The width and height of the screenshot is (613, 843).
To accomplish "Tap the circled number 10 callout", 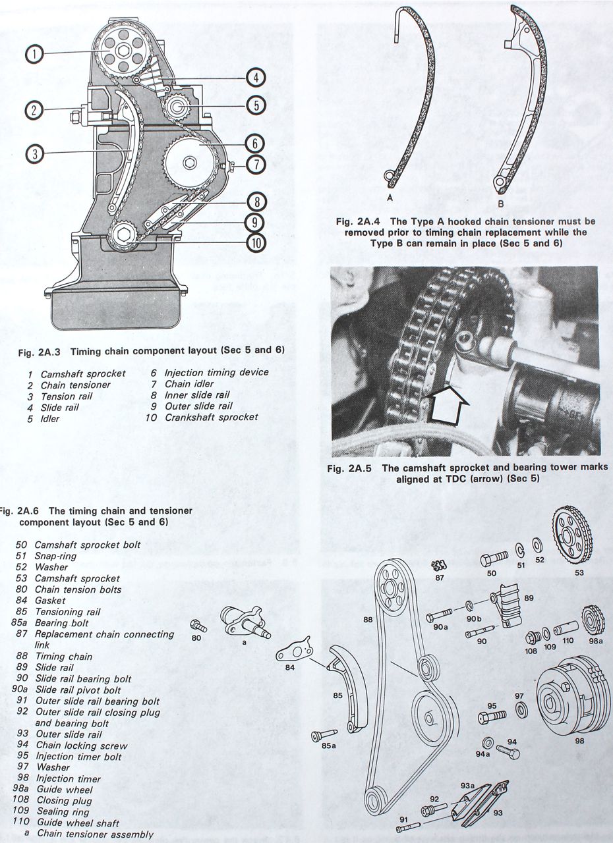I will pyautogui.click(x=256, y=242).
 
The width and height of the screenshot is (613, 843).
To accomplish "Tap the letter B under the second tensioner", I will pyautogui.click(x=500, y=204).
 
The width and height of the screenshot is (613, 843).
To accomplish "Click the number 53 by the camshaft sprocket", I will pyautogui.click(x=579, y=572).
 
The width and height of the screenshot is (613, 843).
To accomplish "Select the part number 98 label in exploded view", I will pyautogui.click(x=579, y=740).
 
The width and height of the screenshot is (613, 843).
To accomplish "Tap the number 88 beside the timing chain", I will pyautogui.click(x=368, y=619).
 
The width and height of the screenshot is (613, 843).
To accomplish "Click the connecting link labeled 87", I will pyautogui.click(x=438, y=564).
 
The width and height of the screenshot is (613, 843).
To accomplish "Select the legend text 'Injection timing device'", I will pyautogui.click(x=216, y=373).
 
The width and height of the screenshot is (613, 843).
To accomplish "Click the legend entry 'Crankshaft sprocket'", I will pyautogui.click(x=212, y=417).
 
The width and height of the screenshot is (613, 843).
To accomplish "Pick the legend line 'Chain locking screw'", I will pyautogui.click(x=81, y=746).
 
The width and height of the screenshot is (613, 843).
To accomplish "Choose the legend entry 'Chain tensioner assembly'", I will pyautogui.click(x=95, y=834).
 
